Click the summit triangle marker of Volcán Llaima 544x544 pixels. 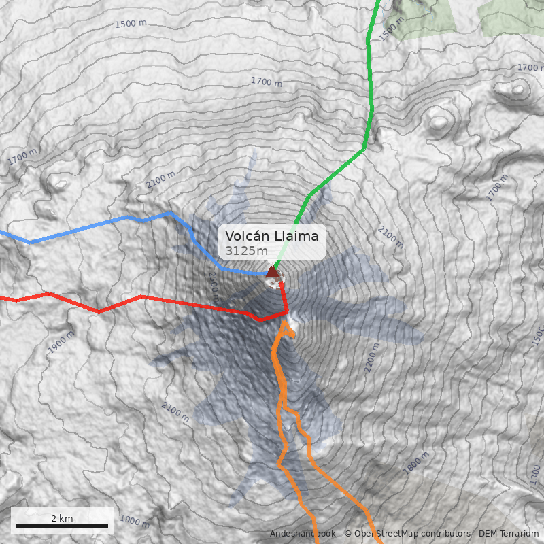click(x=273, y=273)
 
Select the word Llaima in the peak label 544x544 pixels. click(x=295, y=236)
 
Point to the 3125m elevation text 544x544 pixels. click(x=246, y=251)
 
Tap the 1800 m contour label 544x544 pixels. click(x=416, y=463)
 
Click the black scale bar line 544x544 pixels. click(x=62, y=526)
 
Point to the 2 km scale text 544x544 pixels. click(x=62, y=518)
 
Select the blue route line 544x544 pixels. click(x=102, y=225)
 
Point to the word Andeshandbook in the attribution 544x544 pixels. click(x=303, y=534)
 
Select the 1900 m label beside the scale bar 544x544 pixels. click(x=134, y=522)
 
